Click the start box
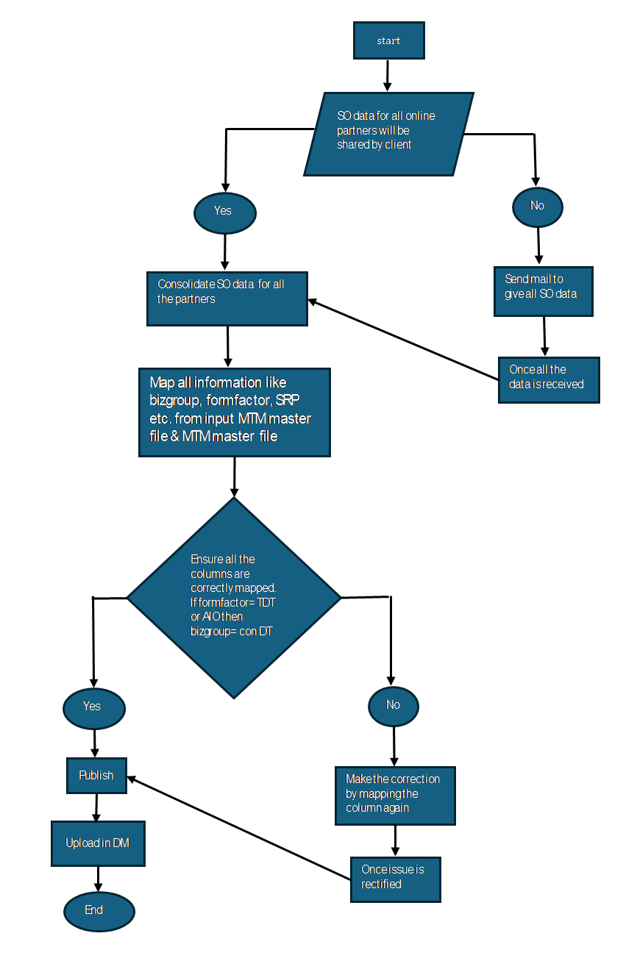[388, 40]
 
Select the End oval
[99, 910]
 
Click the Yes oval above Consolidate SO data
[224, 212]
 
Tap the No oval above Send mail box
[538, 206]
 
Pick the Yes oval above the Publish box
[94, 707]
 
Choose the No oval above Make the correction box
[394, 705]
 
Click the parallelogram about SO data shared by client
[388, 133]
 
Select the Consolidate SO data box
[227, 299]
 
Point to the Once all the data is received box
[549, 379]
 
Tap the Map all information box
[234, 412]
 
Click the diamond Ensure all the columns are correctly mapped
[234, 598]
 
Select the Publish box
[96, 776]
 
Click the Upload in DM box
[98, 843]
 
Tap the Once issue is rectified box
[396, 879]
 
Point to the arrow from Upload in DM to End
[98, 879]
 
